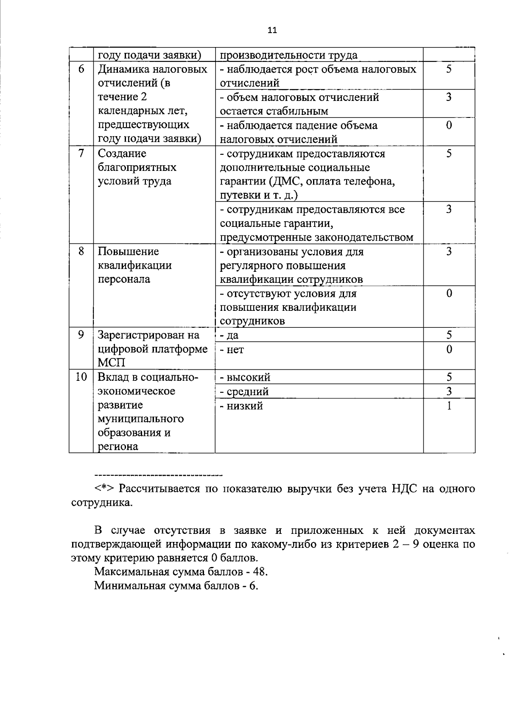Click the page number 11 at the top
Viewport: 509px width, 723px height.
click(x=272, y=30)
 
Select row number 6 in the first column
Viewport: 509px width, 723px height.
click(x=81, y=69)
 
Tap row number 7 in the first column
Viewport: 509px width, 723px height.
click(x=81, y=153)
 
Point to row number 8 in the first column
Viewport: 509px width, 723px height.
click(x=81, y=251)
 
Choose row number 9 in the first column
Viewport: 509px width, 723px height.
click(x=81, y=335)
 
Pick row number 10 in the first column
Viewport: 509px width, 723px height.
click(x=81, y=377)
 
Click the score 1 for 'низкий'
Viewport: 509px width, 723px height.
click(x=449, y=406)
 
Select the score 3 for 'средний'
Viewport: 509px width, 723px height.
click(x=449, y=391)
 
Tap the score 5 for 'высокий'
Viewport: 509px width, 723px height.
click(x=449, y=377)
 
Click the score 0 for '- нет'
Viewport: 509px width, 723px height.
click(x=449, y=349)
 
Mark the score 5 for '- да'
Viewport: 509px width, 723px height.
click(x=449, y=335)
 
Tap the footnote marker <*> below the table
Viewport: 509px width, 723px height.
click(x=104, y=489)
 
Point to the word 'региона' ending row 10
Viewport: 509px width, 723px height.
click(x=118, y=447)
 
